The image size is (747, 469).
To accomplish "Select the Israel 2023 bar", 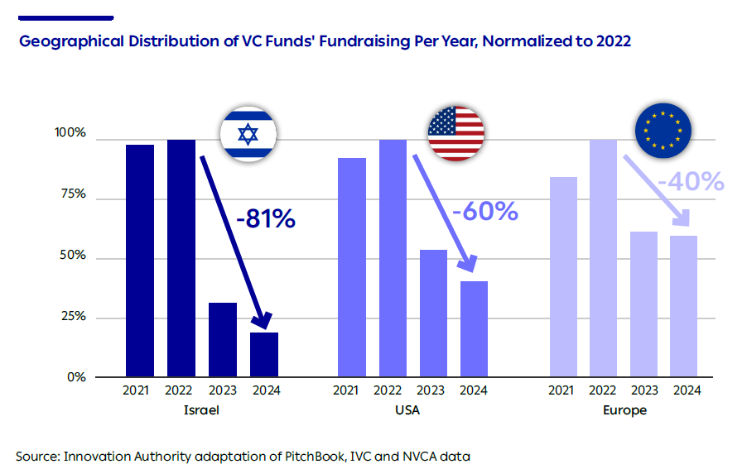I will tap(223, 340).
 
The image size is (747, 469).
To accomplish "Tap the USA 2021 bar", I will tap(352, 267).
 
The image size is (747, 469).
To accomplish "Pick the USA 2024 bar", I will tap(474, 329).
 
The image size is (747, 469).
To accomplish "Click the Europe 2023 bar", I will tap(643, 304).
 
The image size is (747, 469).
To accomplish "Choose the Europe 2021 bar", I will tap(563, 277).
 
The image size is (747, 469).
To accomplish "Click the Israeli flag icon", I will tap(248, 134).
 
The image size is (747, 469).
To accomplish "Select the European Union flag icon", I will tap(663, 130).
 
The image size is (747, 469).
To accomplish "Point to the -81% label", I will tap(265, 220).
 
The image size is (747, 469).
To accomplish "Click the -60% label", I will tap(485, 212).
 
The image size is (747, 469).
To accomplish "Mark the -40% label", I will tap(691, 181).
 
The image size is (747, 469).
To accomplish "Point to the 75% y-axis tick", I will tap(71, 194).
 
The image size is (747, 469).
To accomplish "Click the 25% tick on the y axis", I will tap(71, 317).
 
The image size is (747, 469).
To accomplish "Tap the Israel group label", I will tap(202, 409).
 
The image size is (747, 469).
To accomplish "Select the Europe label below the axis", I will tap(625, 409).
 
